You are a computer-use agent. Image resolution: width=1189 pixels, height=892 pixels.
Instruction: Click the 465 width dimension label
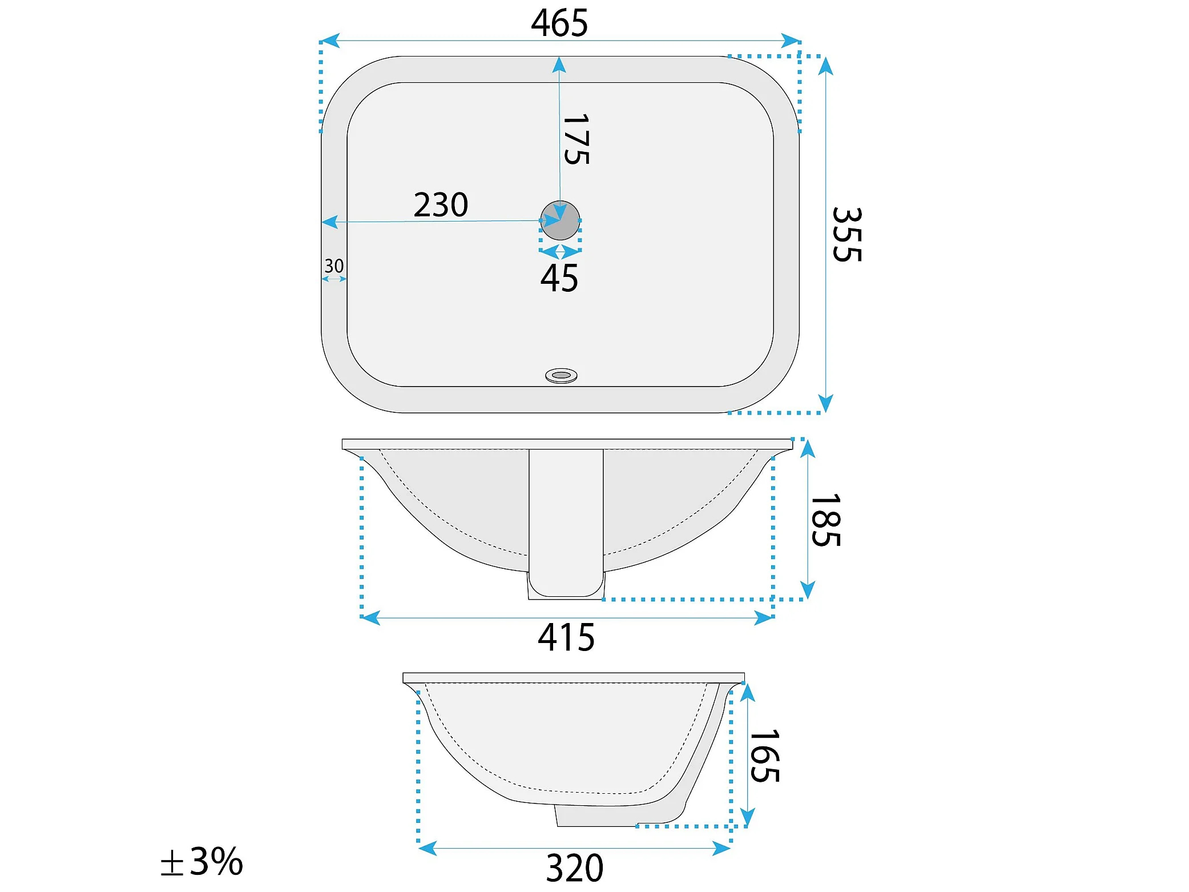coord(559,23)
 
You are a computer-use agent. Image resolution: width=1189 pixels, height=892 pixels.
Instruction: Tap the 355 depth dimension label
coord(847,234)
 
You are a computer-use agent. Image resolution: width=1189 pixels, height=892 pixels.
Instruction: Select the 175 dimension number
coord(576,139)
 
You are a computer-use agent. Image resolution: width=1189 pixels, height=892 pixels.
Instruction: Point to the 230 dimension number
coord(441,204)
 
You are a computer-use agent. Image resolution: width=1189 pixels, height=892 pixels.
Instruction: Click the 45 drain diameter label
coord(559,278)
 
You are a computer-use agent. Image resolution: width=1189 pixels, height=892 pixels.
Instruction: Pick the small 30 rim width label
coord(334,266)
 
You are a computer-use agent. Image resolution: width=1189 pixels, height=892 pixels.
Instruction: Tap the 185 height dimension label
coord(825,520)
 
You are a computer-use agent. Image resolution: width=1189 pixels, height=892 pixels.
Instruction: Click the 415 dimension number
coord(566,637)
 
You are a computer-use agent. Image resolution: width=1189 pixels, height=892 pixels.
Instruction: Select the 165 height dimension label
coord(764,756)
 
